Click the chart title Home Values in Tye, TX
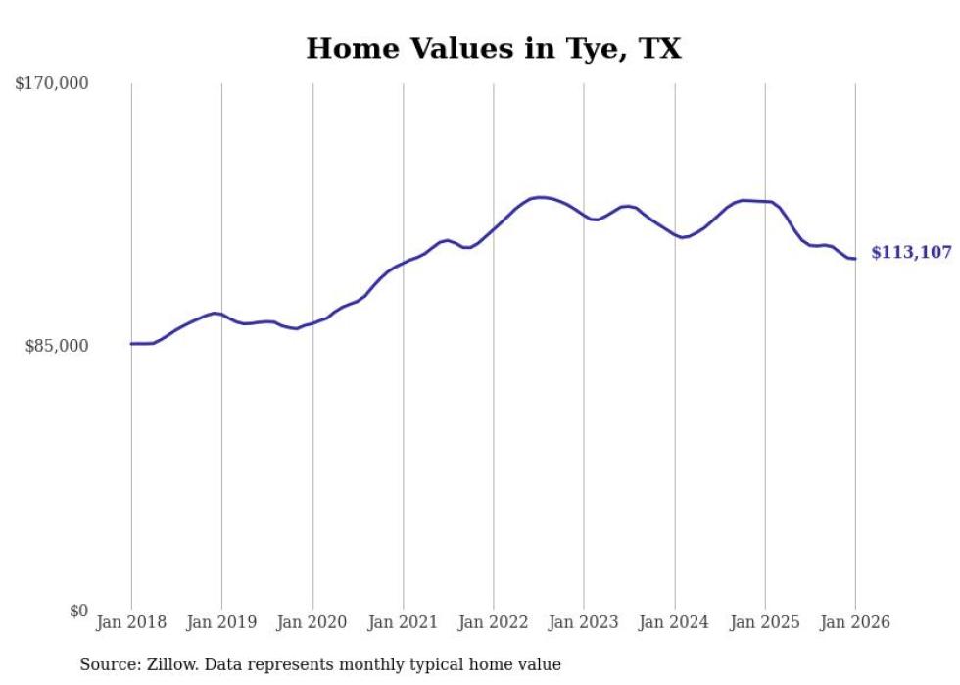click(x=493, y=48)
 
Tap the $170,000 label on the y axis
click(x=52, y=84)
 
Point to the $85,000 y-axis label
click(x=57, y=346)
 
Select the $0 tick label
click(x=78, y=611)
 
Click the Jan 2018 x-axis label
click(x=131, y=622)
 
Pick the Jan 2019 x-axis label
click(x=221, y=622)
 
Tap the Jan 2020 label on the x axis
click(x=312, y=622)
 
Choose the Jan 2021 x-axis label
click(x=403, y=622)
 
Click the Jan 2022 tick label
click(x=494, y=622)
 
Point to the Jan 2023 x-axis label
click(x=584, y=622)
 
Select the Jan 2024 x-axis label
click(x=675, y=622)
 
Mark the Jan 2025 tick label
click(x=765, y=622)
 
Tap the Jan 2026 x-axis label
click(x=855, y=622)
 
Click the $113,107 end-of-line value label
click(x=911, y=253)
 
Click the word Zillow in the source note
click(x=171, y=665)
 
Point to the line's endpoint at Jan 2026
click(x=855, y=259)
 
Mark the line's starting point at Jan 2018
click(x=131, y=344)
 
